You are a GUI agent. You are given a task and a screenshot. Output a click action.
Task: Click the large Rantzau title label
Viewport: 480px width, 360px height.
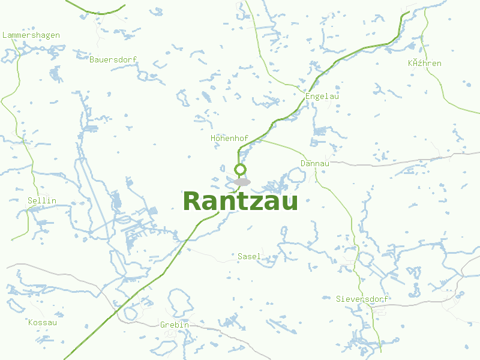pos(240,202)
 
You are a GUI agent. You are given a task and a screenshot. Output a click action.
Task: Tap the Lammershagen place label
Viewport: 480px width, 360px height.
pos(31,35)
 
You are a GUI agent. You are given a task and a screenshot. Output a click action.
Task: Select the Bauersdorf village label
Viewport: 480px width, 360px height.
pos(113,59)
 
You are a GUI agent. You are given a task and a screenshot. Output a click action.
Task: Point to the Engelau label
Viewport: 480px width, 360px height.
pos(318,96)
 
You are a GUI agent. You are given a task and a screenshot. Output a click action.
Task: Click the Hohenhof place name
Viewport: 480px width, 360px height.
pos(229,139)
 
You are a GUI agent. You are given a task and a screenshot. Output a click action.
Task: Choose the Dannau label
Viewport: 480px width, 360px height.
pos(314,163)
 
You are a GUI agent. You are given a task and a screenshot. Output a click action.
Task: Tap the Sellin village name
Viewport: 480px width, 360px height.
pos(42,200)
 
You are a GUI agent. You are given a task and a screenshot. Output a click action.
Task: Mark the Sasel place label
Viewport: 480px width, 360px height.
pos(249,256)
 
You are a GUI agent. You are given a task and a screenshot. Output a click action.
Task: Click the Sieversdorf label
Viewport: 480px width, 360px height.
pos(362,299)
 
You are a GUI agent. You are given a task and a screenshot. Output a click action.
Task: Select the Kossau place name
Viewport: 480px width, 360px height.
pos(43,322)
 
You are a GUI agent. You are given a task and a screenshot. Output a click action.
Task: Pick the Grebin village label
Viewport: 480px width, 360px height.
pos(175,325)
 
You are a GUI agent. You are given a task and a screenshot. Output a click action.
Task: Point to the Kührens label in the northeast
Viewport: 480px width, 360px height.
pos(424,63)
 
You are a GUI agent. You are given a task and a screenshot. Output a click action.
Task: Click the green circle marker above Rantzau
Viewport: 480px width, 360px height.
pos(241,169)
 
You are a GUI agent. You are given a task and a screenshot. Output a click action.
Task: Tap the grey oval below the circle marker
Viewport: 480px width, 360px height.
pos(242,182)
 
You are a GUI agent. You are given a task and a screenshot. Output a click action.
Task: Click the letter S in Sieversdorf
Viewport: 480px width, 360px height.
pos(338,299)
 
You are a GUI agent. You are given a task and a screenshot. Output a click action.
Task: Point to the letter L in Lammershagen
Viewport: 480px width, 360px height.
pos(5,35)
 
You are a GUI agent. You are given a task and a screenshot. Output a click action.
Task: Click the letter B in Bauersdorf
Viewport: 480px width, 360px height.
pos(92,59)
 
